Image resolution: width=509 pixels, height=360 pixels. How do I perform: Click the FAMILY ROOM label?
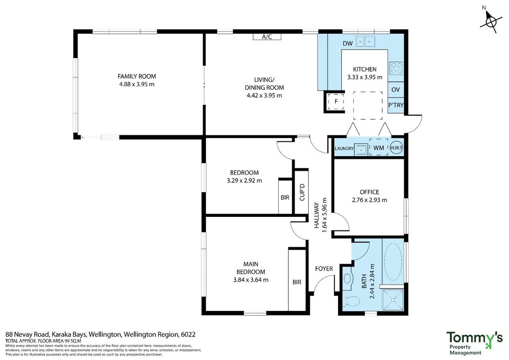point(137,76)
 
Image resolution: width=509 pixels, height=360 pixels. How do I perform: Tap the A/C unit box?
point(267,37)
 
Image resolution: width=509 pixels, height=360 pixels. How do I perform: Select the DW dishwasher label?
point(348,44)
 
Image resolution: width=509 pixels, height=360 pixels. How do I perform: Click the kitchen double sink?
point(365,41)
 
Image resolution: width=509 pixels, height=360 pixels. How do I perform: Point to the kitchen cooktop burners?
point(396,68)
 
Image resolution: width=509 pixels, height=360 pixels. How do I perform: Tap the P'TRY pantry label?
point(396,105)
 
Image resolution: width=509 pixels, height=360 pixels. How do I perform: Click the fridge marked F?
point(336,101)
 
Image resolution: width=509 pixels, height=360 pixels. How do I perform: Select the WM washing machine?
point(379,148)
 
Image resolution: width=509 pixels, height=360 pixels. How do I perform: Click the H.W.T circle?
point(396,148)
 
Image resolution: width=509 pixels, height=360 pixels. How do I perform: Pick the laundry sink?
point(361,149)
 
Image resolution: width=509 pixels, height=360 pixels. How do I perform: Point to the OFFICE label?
point(370,192)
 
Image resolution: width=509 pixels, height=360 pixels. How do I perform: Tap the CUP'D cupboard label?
point(302,192)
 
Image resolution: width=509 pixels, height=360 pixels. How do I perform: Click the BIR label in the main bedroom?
point(297,282)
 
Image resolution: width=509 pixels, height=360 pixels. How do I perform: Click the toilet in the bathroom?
point(352,301)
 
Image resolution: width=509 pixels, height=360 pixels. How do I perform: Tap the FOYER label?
point(324,269)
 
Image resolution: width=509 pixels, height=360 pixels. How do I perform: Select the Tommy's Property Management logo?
point(474,343)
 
